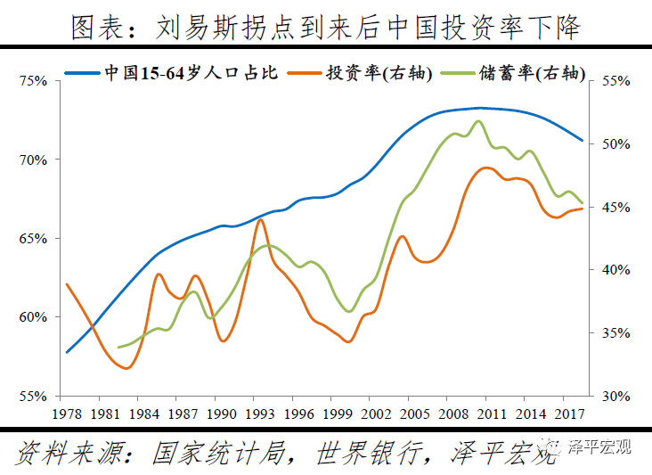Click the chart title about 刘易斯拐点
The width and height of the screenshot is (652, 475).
tap(326, 27)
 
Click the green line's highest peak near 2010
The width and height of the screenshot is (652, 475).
tap(481, 121)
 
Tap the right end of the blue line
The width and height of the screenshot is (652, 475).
tap(583, 141)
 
